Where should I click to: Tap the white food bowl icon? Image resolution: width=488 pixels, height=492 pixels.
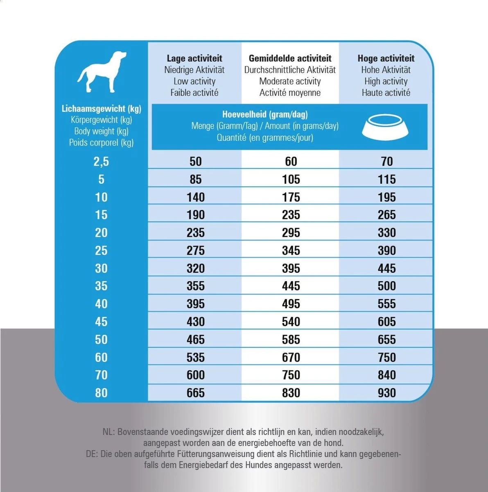click(385, 126)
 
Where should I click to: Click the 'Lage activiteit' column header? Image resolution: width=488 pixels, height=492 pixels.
click(194, 58)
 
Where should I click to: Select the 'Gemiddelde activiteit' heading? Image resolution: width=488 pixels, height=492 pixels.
click(290, 58)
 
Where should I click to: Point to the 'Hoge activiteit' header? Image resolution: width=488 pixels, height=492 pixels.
click(386, 58)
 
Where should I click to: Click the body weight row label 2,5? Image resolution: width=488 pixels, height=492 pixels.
click(101, 162)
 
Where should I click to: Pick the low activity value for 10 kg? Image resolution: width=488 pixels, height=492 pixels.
click(195, 197)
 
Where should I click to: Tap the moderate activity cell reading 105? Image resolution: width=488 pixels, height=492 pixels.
click(291, 179)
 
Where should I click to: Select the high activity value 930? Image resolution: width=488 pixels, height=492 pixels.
click(386, 393)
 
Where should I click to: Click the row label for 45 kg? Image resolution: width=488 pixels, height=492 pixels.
click(101, 322)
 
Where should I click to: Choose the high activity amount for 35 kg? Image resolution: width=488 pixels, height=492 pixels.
click(386, 286)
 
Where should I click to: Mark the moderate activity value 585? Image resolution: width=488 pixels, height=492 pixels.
click(291, 339)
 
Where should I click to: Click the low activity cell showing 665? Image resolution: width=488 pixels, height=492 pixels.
click(195, 393)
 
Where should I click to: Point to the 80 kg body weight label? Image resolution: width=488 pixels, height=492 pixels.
click(101, 393)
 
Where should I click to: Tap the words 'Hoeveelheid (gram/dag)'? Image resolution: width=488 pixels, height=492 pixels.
click(265, 114)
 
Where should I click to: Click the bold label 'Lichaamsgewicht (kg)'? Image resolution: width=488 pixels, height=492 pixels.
click(101, 109)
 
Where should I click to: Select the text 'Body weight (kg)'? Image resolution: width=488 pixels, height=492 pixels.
click(101, 131)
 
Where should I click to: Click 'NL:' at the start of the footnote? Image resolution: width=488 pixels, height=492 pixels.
click(109, 432)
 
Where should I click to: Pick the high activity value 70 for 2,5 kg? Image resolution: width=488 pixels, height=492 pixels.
click(386, 162)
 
